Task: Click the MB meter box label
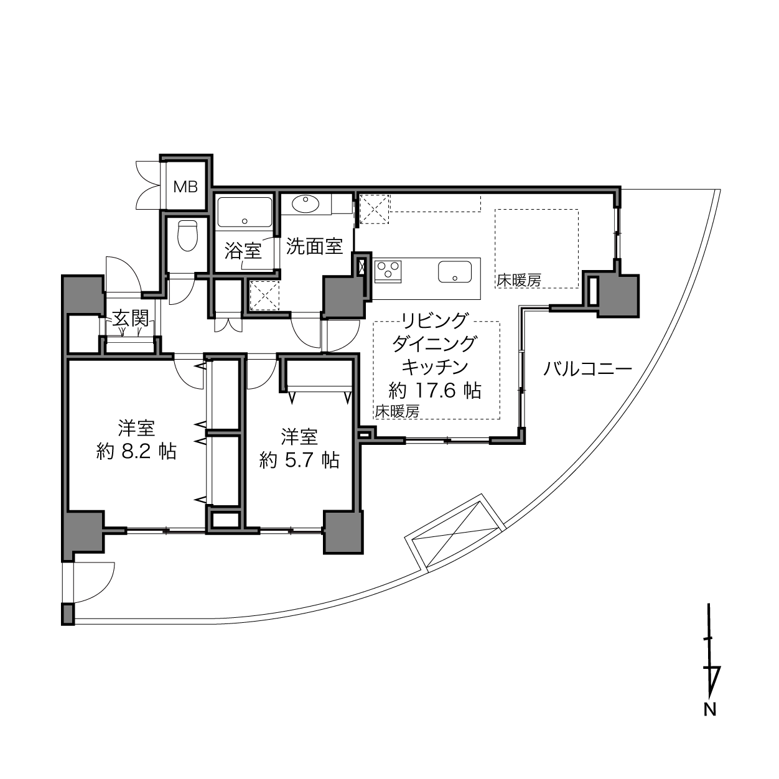pos(185,187)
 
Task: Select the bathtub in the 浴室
pos(245,212)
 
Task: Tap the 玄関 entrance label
pos(131,319)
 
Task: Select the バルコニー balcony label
pos(587,369)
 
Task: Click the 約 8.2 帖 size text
pos(136,451)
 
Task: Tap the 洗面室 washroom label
pos(315,246)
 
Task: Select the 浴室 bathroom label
pos(243,251)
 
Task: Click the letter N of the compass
pos(709,709)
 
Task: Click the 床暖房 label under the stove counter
pos(397,411)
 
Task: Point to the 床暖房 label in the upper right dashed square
pos(518,281)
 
